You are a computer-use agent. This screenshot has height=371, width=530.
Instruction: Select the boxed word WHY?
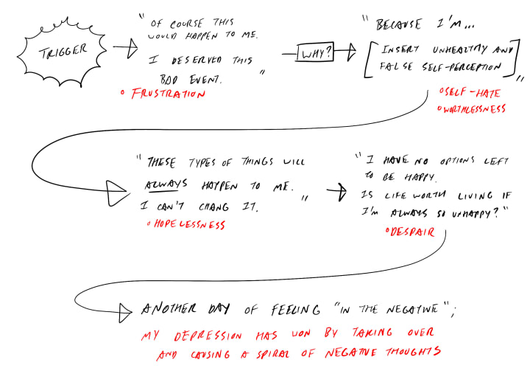pyautogui.click(x=312, y=54)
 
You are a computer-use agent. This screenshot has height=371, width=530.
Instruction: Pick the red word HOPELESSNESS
pyautogui.click(x=188, y=224)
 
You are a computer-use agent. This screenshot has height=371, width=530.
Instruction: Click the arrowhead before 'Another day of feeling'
pyautogui.click(x=127, y=308)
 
